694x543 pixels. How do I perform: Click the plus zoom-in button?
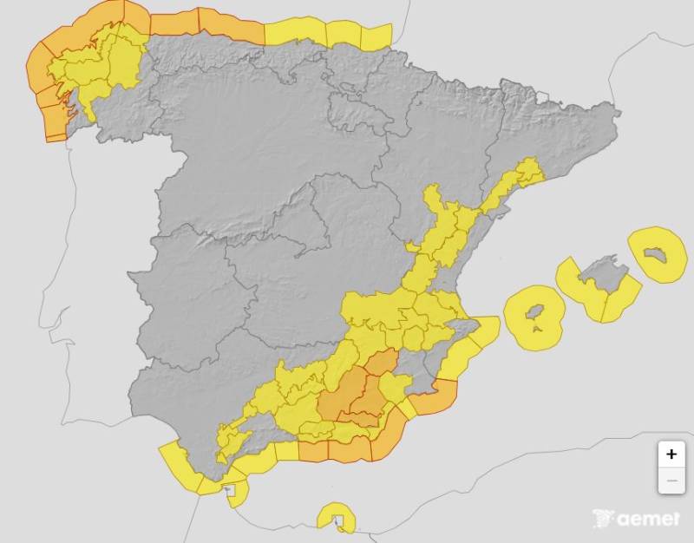(671, 455)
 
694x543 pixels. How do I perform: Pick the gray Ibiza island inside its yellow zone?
(535, 314)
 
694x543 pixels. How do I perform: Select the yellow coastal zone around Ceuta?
(236, 491)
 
